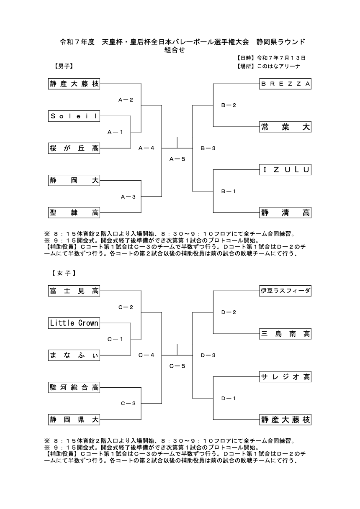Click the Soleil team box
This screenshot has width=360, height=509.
(x=74, y=116)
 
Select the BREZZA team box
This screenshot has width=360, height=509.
(x=285, y=84)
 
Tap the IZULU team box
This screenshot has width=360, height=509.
(x=285, y=169)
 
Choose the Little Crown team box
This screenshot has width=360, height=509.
(x=74, y=323)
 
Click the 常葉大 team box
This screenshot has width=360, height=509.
(x=285, y=127)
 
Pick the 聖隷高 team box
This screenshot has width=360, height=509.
(x=74, y=213)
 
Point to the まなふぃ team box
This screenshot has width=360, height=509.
(x=74, y=356)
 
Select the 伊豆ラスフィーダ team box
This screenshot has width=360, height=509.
(x=285, y=291)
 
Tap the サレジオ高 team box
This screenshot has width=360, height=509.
(x=285, y=377)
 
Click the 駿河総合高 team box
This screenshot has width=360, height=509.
(x=74, y=388)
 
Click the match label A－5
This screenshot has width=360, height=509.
(x=177, y=159)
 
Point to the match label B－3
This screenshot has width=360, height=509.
(x=208, y=148)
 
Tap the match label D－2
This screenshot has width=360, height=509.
(x=229, y=312)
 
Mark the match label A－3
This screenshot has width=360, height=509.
(x=128, y=197)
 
